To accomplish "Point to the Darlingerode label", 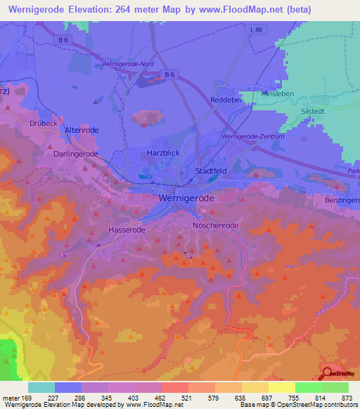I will pyautogui.click(x=75, y=153).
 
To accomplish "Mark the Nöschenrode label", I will pyautogui.click(x=216, y=225).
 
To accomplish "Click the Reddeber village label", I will pyautogui.click(x=227, y=100).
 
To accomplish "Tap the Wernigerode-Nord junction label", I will pyautogui.click(x=127, y=64).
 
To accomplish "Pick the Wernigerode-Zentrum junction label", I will pyautogui.click(x=252, y=136).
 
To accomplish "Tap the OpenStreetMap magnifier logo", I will pyautogui.click(x=328, y=374).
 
